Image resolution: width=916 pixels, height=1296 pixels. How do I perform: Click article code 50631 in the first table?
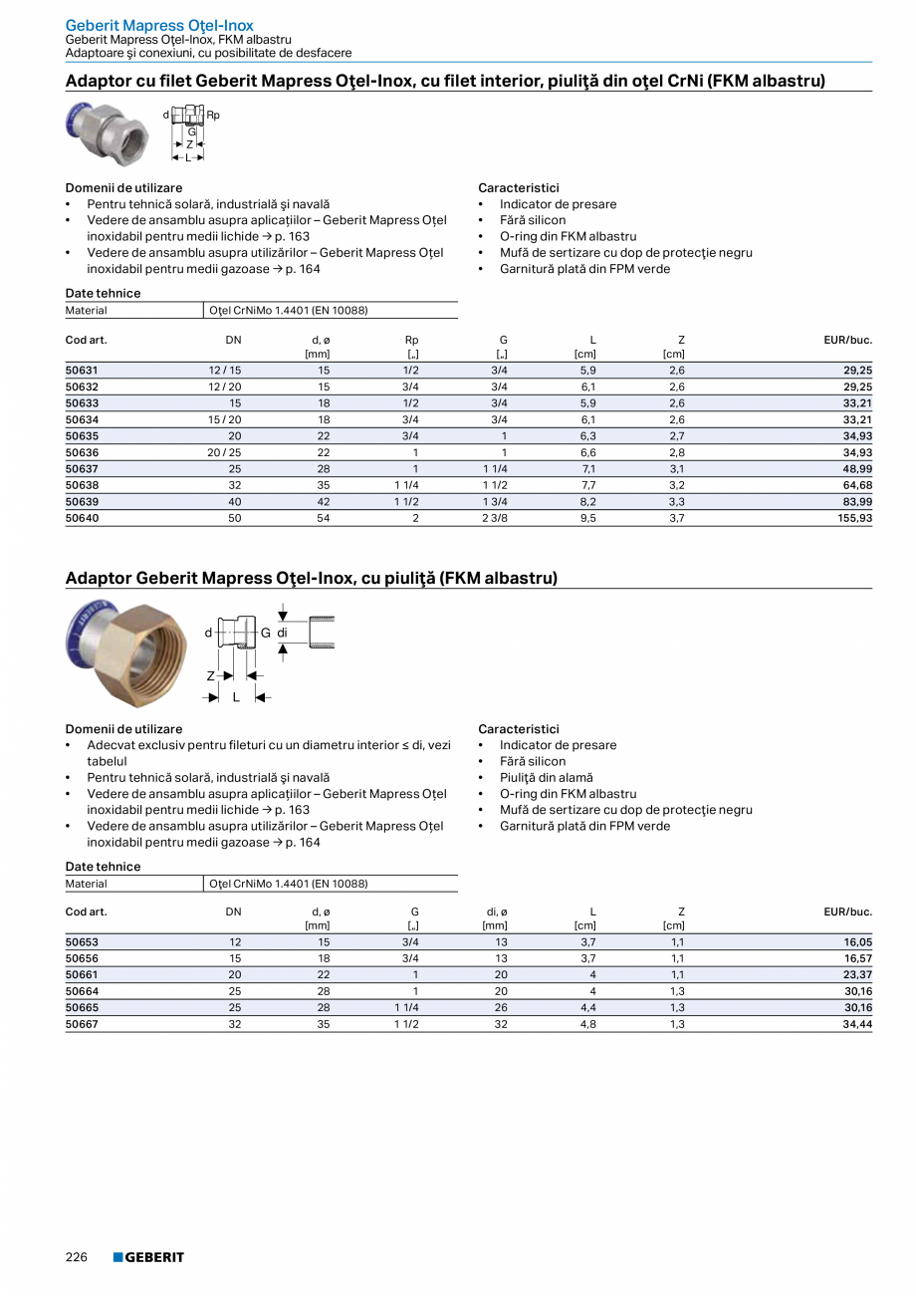click(82, 371)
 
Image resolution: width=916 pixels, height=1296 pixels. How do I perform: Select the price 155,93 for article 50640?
click(853, 518)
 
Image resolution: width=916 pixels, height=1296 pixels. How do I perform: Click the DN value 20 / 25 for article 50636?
click(224, 452)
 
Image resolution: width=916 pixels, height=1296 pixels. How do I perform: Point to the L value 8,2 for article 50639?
click(588, 502)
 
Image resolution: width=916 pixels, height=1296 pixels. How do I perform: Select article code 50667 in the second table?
click(82, 1023)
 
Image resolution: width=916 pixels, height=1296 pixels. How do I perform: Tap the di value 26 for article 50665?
click(501, 1007)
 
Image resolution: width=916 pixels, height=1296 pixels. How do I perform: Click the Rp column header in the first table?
click(411, 340)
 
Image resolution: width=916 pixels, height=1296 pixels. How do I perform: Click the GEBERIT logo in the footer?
click(148, 1257)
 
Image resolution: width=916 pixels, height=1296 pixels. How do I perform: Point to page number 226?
click(77, 1257)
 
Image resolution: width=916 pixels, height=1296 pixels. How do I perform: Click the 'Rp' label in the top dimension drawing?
click(213, 115)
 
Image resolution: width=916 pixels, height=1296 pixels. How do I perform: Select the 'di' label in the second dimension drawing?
click(283, 633)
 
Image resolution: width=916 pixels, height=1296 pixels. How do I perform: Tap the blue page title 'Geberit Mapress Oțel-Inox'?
click(159, 25)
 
